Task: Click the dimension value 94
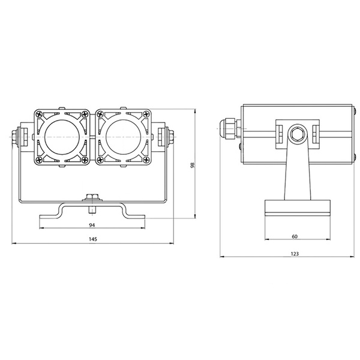coord(91,225)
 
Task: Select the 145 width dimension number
coord(91,239)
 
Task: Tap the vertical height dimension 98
coord(192,166)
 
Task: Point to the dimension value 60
coord(295,236)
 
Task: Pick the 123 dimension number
coord(295,254)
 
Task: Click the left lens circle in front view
coord(62,137)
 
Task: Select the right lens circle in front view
coord(121,137)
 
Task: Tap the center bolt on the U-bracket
coord(92,197)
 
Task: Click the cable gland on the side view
coord(229,128)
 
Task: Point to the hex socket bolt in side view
coord(295,134)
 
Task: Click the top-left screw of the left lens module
coord(40,114)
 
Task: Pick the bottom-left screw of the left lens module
coord(40,160)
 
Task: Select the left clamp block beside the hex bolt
coord(280,134)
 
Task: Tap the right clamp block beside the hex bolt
coord(315,134)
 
